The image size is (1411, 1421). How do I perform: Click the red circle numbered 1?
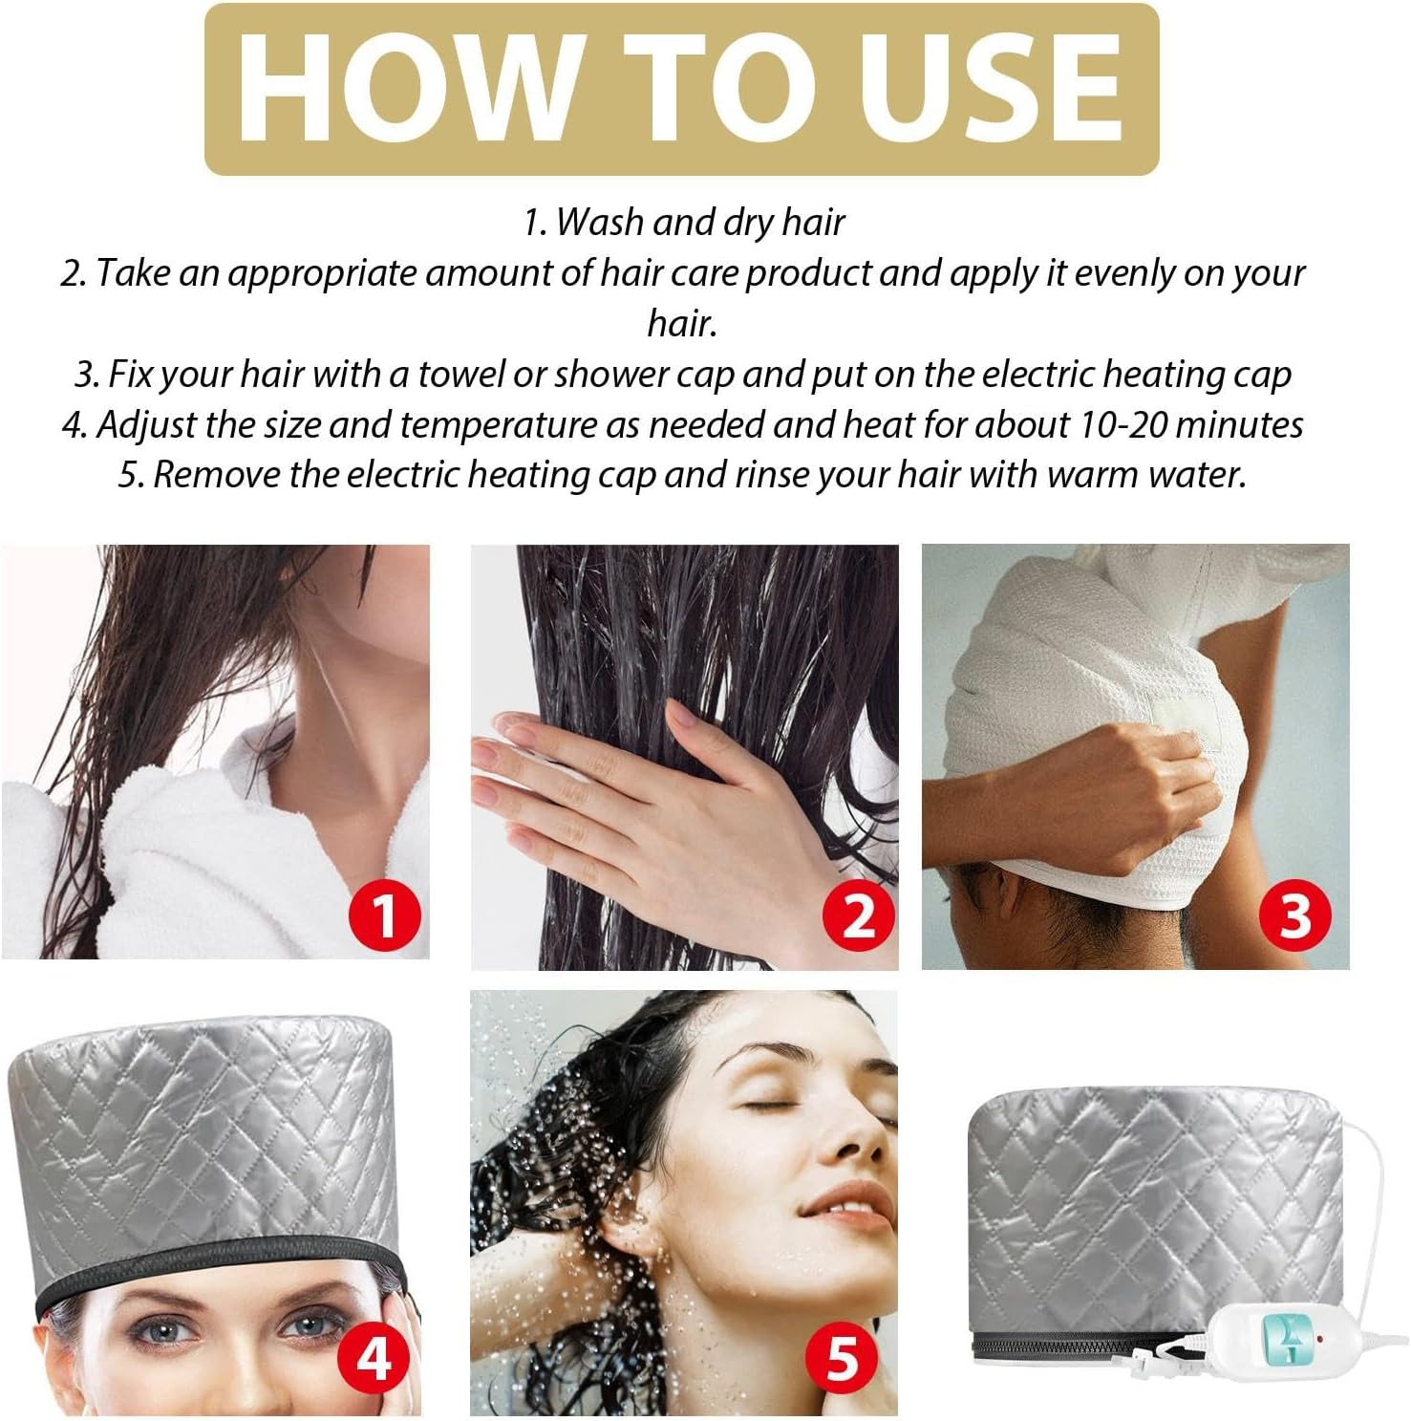coord(383,915)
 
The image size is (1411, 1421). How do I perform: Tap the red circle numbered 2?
coord(859,915)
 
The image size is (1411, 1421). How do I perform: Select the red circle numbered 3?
coord(1294,915)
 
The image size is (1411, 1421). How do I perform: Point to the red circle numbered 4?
coord(374,1356)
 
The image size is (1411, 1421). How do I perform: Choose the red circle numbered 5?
coord(842,1356)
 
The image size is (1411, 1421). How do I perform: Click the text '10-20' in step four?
coord(1124,424)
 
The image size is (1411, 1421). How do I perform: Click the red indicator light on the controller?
coord(1319,1339)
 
